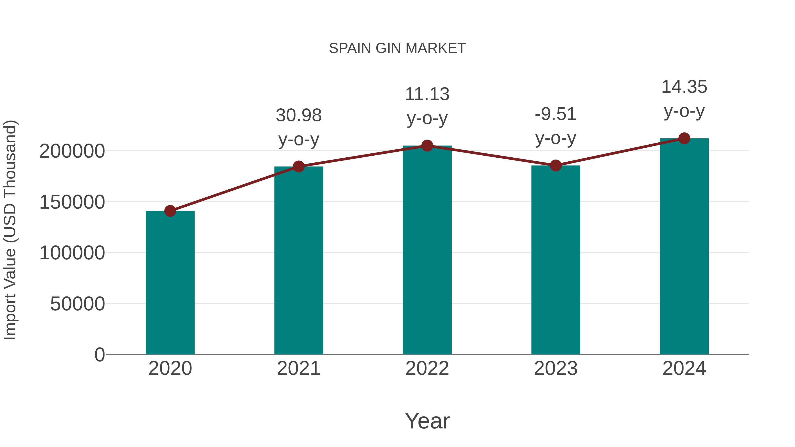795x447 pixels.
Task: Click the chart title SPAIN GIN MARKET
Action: tap(397, 48)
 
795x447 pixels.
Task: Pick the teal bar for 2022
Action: tap(427, 250)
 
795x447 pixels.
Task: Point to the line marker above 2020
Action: tap(170, 211)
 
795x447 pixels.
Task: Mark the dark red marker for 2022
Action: tap(427, 146)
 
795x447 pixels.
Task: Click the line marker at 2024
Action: tap(684, 138)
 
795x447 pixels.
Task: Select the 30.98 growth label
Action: tap(298, 115)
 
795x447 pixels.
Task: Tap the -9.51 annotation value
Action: tap(556, 114)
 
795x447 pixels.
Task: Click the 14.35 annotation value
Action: tap(684, 87)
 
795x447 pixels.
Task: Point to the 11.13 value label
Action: tap(427, 94)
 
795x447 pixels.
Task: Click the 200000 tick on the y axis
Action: tap(72, 151)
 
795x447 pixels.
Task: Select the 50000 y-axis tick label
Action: tap(78, 304)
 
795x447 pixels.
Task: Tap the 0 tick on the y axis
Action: tap(99, 355)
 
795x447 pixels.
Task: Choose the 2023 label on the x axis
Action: tap(556, 368)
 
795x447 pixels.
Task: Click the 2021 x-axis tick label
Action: tap(298, 368)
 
